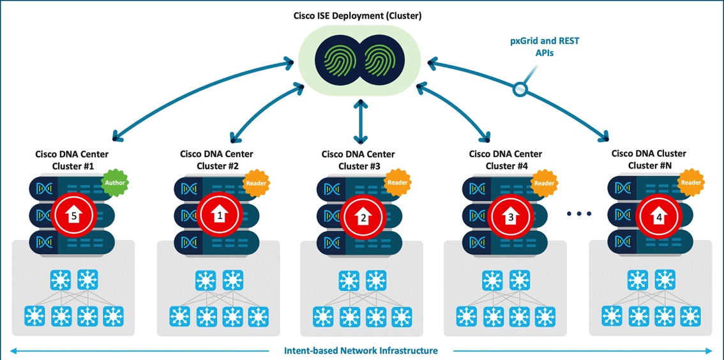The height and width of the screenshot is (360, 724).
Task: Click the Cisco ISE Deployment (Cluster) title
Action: point(362,15)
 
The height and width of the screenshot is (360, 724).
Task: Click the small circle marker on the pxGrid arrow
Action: point(520,90)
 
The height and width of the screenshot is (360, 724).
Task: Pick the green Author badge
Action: point(116,183)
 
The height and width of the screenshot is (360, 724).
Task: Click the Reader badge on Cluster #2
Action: point(255,183)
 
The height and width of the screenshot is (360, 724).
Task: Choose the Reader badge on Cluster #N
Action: point(690,183)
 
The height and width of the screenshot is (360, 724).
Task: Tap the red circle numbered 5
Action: point(74,216)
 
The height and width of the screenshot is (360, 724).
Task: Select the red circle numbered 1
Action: point(220,216)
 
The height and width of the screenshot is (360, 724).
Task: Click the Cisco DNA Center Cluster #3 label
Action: point(358,160)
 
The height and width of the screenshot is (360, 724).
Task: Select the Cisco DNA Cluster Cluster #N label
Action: point(648,160)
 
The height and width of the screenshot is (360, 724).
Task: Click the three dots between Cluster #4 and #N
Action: point(579,214)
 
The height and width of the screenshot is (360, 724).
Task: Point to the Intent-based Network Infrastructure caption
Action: point(361,350)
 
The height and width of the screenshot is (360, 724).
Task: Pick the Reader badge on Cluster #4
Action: point(544,183)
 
